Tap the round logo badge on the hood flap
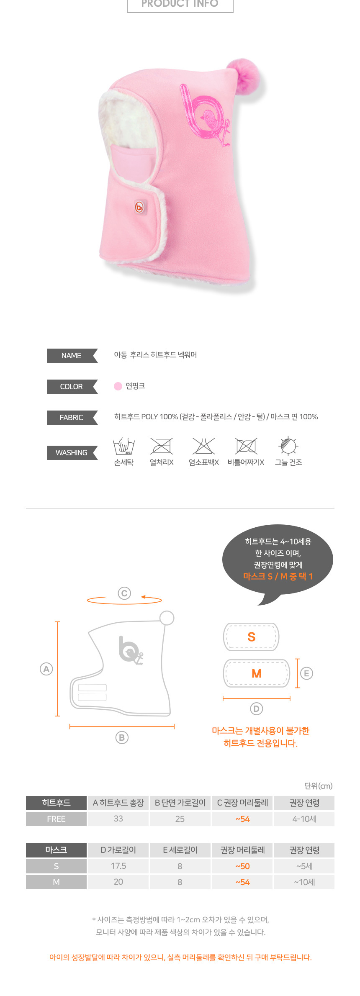tap(139, 206)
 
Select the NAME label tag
tap(72, 356)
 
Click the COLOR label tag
tap(72, 387)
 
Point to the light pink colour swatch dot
tap(118, 386)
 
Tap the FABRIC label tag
tap(72, 418)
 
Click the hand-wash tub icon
tap(124, 446)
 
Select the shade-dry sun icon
tap(288, 446)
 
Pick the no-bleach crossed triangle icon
tap(204, 446)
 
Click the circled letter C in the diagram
tap(124, 593)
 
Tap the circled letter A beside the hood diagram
tap(46, 669)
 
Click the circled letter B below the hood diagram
tap(122, 738)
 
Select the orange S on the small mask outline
tap(252, 637)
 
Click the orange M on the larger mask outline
tap(257, 673)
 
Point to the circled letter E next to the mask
tap(306, 673)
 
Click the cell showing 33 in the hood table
tap(118, 819)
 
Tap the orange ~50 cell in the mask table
tap(243, 866)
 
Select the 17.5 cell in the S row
tap(118, 866)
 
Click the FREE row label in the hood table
tap(57, 819)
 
